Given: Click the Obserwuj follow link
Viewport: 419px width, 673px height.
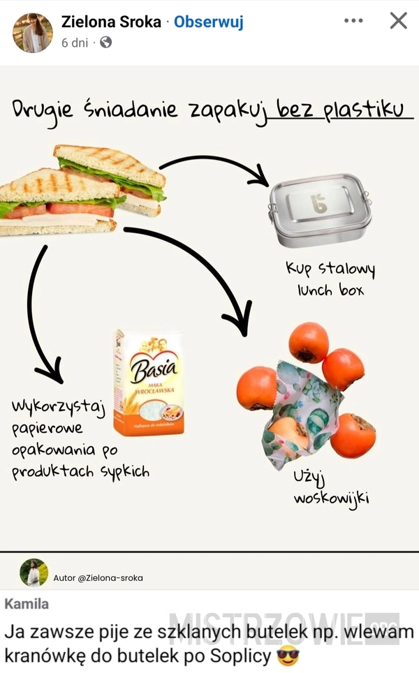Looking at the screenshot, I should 208,22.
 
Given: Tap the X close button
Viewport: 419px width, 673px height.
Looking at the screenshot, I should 398,21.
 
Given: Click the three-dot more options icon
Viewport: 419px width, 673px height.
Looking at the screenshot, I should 354,21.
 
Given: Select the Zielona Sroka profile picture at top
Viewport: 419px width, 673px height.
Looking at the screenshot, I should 32,33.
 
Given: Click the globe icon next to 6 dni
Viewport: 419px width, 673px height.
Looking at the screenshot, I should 106,43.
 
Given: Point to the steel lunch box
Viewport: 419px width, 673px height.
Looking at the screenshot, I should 320,210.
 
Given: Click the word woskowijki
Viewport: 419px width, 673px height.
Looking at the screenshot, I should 331,498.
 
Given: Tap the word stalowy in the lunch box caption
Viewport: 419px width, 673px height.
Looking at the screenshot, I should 346,269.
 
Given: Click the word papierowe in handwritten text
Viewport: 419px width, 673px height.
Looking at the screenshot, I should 47,427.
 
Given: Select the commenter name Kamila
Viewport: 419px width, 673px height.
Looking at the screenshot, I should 27,603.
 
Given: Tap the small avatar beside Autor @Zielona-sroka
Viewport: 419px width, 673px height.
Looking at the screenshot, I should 34,572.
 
